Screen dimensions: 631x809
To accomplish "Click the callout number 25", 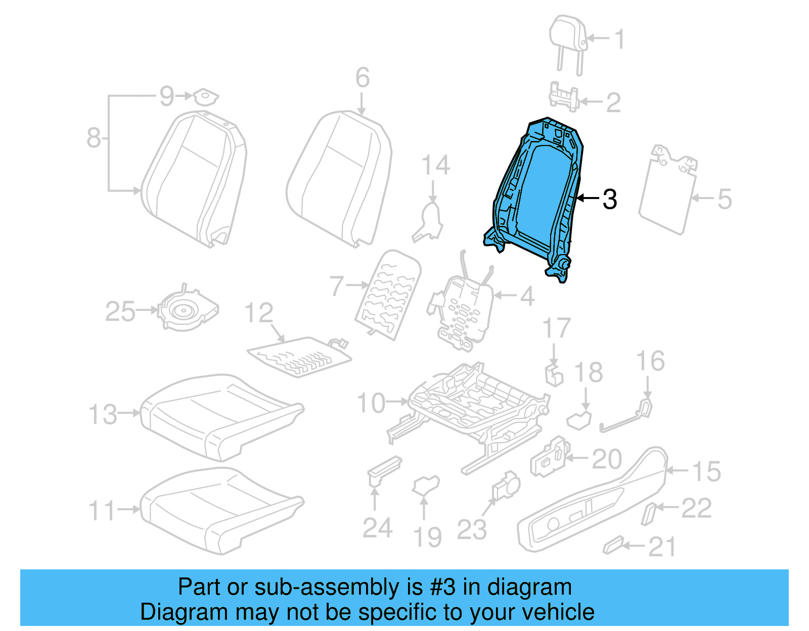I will click(x=120, y=311).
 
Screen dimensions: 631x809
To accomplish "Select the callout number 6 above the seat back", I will click(x=362, y=78).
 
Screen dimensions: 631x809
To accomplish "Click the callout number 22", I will click(x=696, y=508).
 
